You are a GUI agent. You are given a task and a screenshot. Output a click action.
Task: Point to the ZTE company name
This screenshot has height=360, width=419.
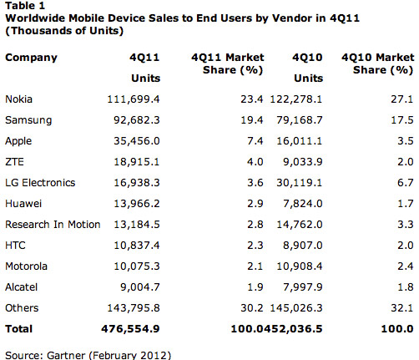point(14,161)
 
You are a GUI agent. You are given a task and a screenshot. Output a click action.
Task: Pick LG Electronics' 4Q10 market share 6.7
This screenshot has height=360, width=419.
point(401,182)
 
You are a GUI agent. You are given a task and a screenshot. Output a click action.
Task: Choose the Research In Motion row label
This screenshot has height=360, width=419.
point(53,225)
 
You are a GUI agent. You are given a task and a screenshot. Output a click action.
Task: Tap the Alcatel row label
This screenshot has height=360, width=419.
point(21,288)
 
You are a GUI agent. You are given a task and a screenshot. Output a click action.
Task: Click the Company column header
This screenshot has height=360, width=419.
point(31,58)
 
